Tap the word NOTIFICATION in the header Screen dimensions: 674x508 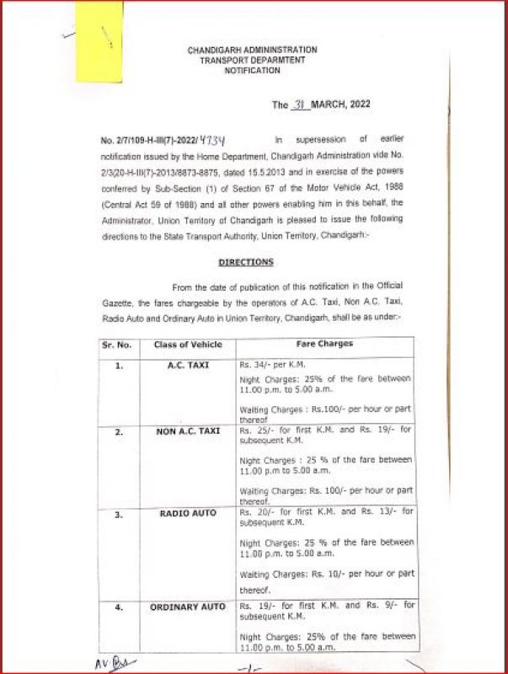[252, 72]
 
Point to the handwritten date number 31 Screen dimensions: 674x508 [300, 105]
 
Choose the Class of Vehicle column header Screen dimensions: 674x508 [188, 345]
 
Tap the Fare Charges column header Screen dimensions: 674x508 [324, 345]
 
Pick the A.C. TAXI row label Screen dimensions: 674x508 [188, 366]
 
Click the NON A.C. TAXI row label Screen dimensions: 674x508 [188, 431]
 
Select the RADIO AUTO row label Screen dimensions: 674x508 [188, 512]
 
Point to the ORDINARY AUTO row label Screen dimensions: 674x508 [188, 607]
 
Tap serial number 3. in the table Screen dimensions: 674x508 [119, 512]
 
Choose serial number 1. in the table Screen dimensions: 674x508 [119, 366]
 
